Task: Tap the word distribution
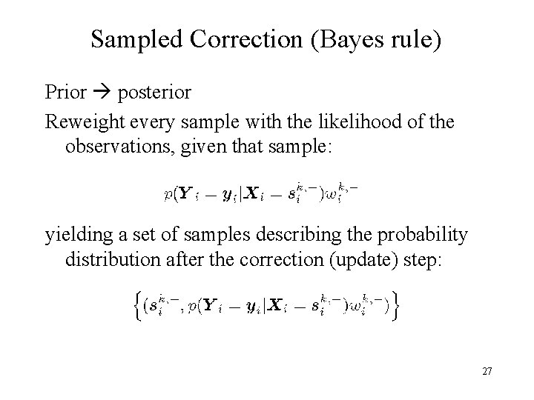110,261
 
